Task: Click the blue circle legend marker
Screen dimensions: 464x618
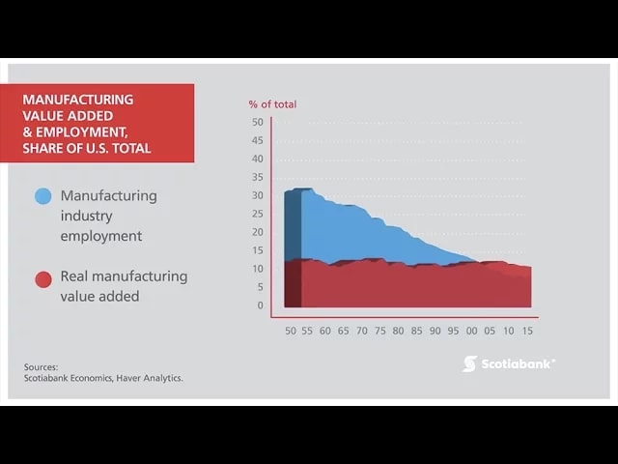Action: pos(42,196)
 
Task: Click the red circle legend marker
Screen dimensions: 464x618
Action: pos(42,280)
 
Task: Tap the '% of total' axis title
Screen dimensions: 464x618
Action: pos(272,104)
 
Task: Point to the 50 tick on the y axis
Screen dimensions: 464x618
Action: pos(257,122)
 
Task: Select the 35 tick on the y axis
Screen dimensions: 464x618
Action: pos(257,177)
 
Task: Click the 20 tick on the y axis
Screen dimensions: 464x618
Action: pos(257,232)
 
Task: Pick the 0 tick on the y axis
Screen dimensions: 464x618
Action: pos(260,305)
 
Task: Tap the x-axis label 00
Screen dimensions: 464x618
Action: pos(471,331)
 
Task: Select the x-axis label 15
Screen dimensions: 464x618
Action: pos(526,331)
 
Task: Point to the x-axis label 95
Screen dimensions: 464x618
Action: pos(453,331)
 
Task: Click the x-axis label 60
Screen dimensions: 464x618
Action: pos(325,331)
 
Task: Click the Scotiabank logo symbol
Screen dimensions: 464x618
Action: pos(469,363)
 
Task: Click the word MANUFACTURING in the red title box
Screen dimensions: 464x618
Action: pos(78,100)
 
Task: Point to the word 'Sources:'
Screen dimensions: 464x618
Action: pos(42,366)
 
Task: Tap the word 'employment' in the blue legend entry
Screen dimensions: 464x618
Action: pos(100,236)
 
